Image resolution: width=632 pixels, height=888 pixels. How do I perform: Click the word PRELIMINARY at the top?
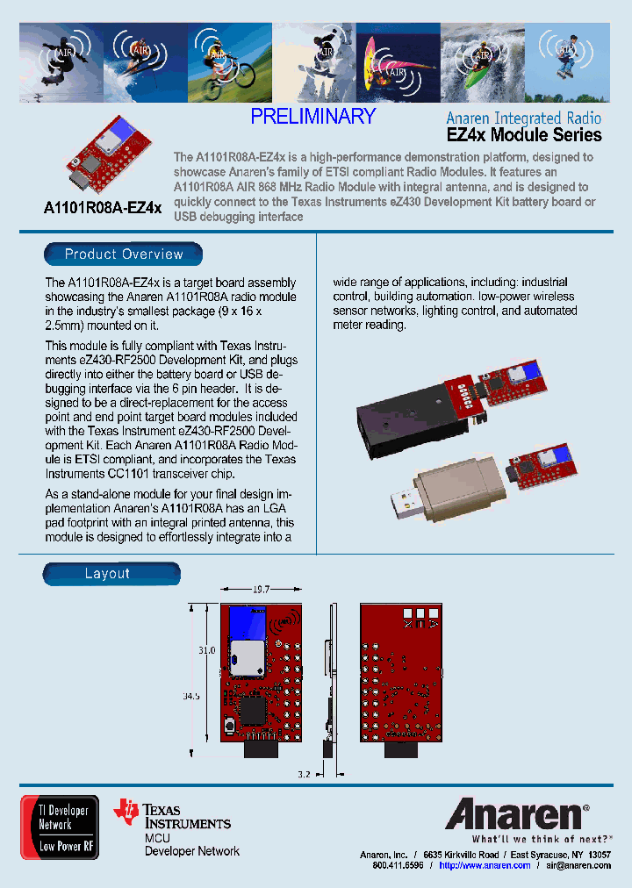312,117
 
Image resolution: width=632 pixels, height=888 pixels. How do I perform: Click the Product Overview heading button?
124,254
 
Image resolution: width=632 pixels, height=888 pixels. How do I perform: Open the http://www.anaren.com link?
485,865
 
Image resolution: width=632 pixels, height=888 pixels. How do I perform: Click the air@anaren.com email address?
578,865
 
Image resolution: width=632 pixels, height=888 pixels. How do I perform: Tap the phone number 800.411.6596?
398,865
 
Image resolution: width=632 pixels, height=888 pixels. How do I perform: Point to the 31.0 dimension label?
206,651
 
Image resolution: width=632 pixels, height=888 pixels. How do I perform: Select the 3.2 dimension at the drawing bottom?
303,775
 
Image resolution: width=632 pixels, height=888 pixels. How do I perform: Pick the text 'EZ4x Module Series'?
524,135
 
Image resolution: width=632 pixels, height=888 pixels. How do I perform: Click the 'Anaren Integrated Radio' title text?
523,118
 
